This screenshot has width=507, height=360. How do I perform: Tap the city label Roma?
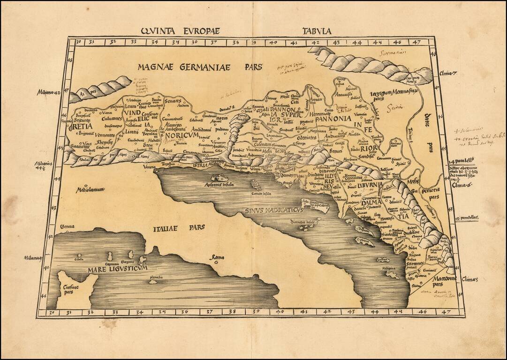[217, 258]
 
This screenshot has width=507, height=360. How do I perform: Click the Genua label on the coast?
[67, 227]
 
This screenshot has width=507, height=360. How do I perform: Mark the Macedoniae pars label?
[430, 281]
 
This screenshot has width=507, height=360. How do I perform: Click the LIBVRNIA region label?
[370, 185]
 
